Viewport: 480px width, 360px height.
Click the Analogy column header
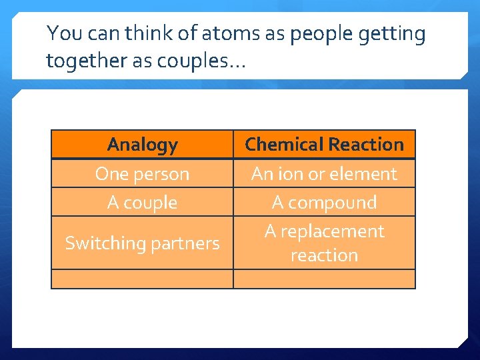[x=142, y=145]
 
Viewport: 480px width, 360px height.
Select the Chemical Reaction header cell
[x=324, y=145]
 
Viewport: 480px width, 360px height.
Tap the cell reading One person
[x=142, y=174]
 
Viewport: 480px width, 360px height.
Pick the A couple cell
[x=142, y=203]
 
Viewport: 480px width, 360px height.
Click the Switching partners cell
[x=142, y=243]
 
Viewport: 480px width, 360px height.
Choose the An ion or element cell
[x=324, y=174]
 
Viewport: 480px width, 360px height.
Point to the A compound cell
[x=324, y=203]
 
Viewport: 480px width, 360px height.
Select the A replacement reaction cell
[x=324, y=243]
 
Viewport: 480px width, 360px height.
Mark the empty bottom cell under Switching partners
[x=142, y=279]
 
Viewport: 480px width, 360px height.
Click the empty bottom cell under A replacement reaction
[x=324, y=279]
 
